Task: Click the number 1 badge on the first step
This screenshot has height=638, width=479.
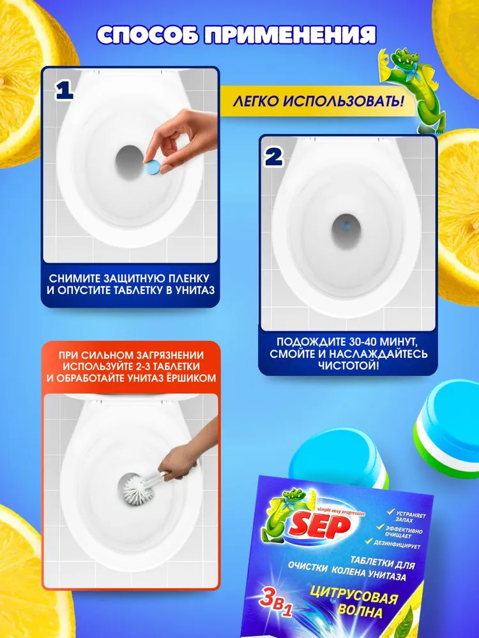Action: (64, 91)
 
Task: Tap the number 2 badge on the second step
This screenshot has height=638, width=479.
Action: (274, 157)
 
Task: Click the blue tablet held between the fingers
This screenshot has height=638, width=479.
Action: (153, 167)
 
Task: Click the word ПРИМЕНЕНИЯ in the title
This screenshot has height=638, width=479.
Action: (289, 34)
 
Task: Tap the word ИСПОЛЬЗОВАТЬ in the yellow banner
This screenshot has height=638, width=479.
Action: (343, 101)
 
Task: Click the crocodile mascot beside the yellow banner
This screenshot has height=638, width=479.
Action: (407, 89)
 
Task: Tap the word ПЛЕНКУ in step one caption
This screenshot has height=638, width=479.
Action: (190, 279)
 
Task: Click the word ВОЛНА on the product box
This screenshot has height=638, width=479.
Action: (360, 611)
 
